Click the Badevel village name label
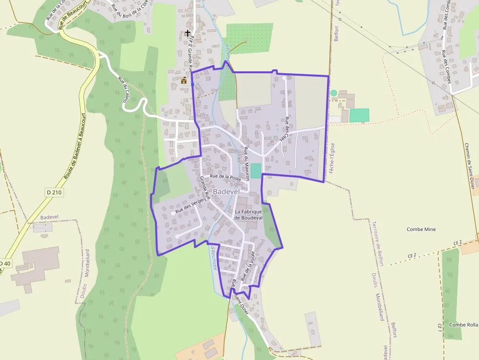[x=226, y=192]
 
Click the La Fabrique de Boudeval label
[x=248, y=214]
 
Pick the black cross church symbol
[x=187, y=33]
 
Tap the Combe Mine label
[x=421, y=229]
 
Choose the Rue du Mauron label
[x=247, y=164]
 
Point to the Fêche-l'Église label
[x=332, y=158]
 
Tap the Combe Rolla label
[x=463, y=325]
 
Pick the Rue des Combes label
[x=446, y=67]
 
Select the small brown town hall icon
[x=184, y=80]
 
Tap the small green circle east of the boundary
[x=334, y=93]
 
